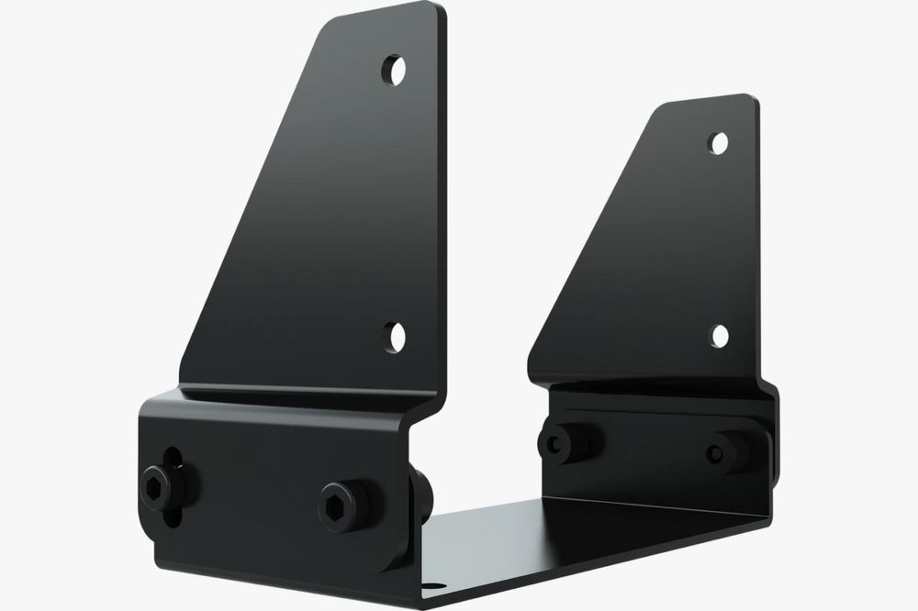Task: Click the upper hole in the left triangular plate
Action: [395, 70]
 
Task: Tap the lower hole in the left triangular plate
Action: [395, 336]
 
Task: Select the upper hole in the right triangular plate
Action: [720, 142]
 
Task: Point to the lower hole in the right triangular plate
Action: [720, 335]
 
